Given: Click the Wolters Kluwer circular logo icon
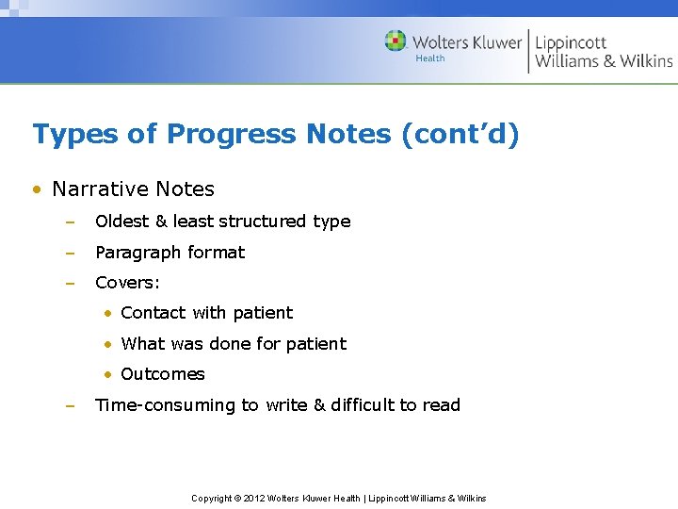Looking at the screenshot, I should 395,41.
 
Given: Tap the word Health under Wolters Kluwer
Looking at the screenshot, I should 430,58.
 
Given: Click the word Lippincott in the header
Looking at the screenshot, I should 571,42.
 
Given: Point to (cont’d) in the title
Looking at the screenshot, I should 460,135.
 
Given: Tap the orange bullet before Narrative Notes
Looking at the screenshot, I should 36,189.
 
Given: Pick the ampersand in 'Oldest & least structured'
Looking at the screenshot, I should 161,222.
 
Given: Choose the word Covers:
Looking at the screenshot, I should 128,283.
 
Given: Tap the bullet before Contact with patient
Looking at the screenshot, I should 109,313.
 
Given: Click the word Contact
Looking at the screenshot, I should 153,313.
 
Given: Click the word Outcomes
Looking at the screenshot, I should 163,374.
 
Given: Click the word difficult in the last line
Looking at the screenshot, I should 363,405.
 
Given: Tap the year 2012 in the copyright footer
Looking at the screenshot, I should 254,498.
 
